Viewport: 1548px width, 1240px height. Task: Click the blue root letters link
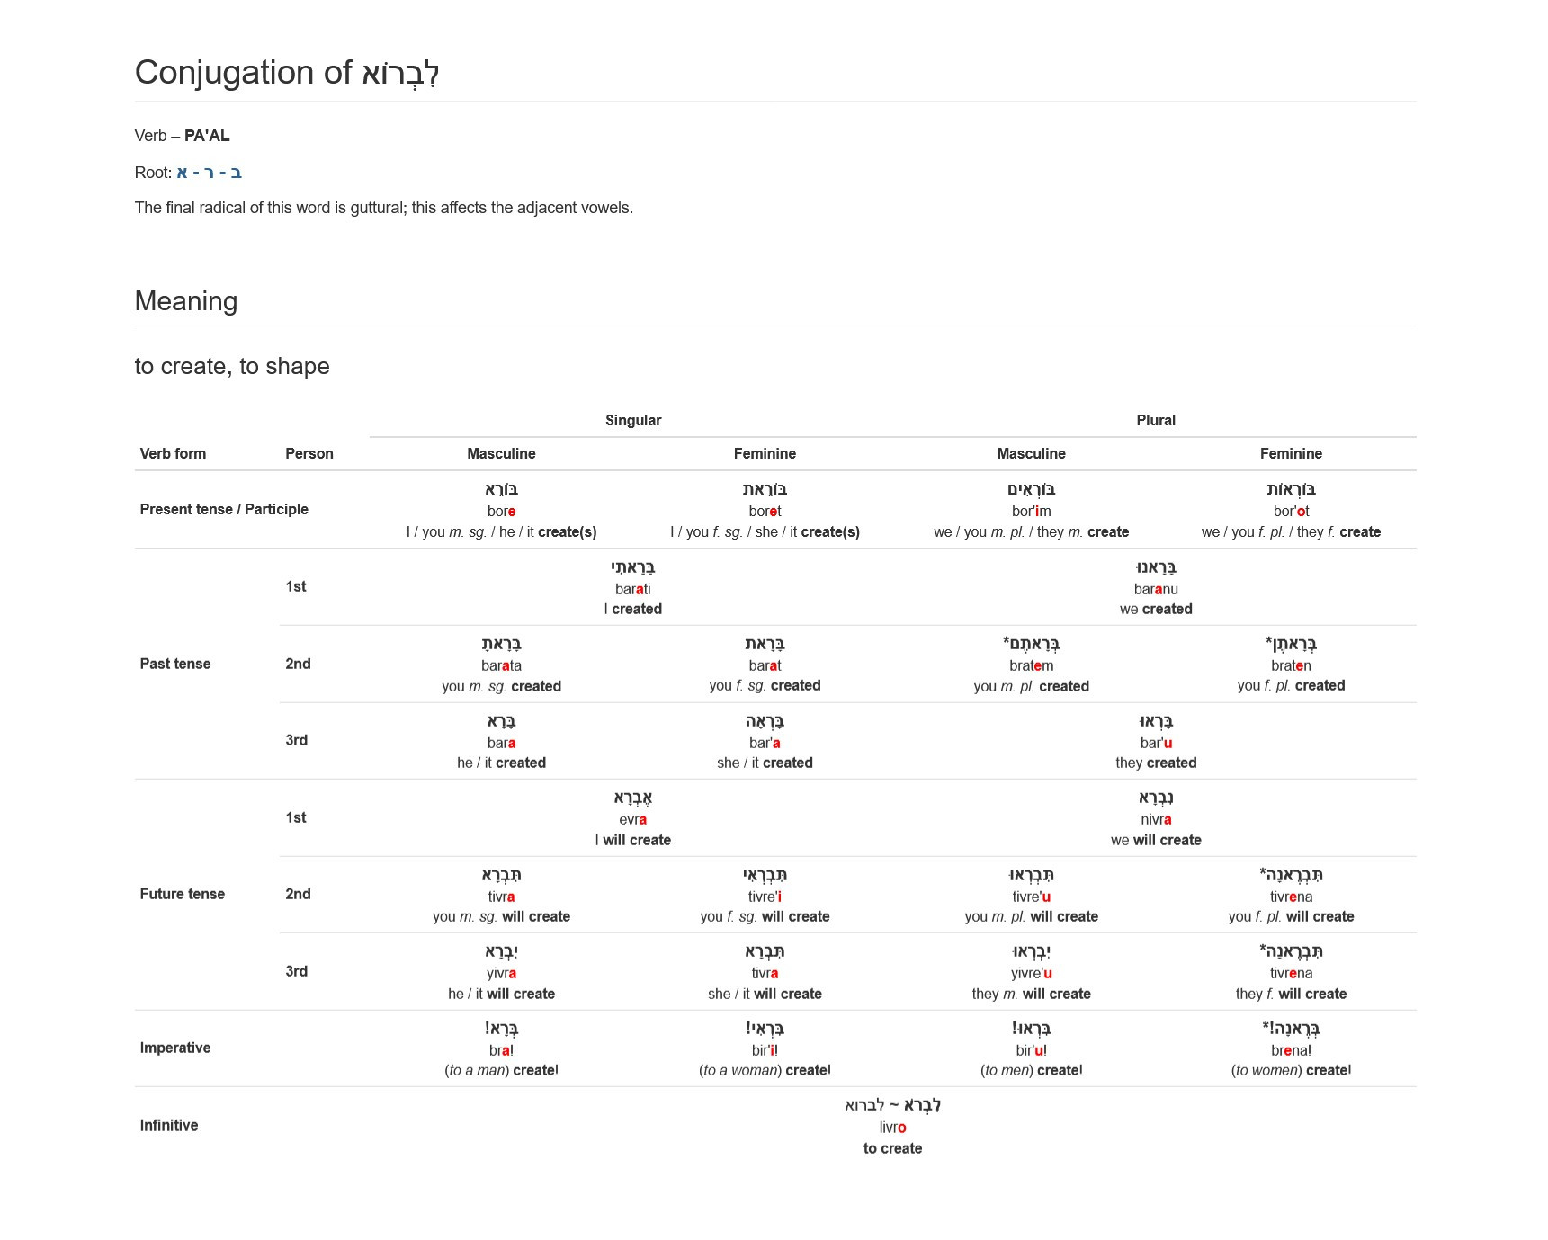[209, 173]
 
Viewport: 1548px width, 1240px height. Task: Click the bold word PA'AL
[207, 136]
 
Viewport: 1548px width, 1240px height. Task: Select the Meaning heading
[186, 301]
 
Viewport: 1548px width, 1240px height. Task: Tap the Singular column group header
[633, 420]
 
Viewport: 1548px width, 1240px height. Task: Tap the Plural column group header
[1156, 420]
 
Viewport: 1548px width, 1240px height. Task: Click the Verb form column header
[173, 453]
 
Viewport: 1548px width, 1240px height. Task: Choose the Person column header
[309, 453]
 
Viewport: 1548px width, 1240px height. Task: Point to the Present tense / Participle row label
[224, 509]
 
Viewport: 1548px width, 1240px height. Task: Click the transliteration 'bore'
[501, 511]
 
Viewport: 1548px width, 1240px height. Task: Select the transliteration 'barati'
[633, 589]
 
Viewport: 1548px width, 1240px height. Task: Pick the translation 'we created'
[1156, 609]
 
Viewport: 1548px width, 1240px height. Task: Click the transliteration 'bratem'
[1032, 665]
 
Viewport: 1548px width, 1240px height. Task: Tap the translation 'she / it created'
[765, 763]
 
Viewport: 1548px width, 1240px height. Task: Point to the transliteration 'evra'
[633, 819]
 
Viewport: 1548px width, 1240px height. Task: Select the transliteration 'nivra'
[1156, 819]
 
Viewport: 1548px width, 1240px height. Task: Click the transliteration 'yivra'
[501, 973]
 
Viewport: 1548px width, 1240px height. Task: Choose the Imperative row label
[175, 1048]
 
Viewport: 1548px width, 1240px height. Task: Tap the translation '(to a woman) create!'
[765, 1070]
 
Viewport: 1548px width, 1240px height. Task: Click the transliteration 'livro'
[892, 1127]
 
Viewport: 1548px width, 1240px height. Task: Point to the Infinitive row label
[169, 1125]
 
